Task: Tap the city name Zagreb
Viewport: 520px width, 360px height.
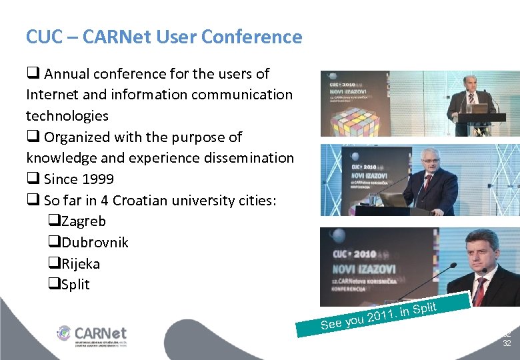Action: (x=83, y=221)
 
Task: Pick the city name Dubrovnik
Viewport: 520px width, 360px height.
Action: (x=94, y=243)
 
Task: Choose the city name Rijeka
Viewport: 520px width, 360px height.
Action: (x=81, y=264)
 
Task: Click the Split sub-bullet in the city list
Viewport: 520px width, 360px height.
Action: (x=75, y=285)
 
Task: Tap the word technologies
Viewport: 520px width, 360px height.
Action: (x=67, y=116)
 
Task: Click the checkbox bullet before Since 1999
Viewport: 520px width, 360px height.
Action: (x=32, y=179)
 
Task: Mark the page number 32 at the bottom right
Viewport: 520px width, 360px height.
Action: (x=507, y=343)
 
